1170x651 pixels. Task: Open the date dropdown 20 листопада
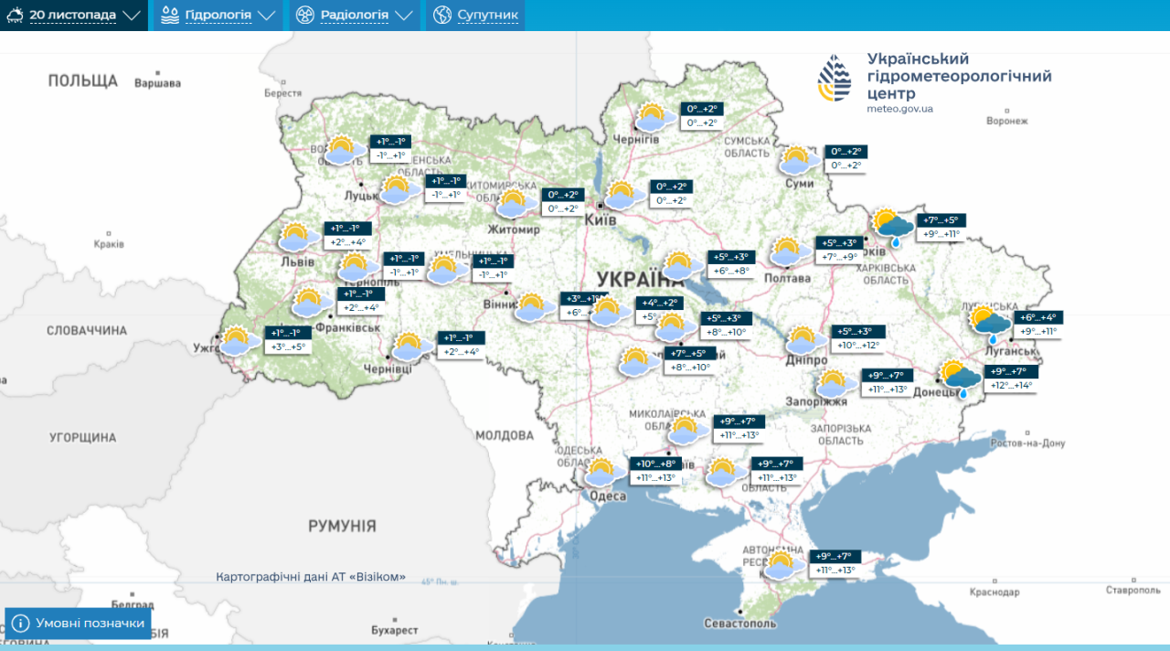[x=73, y=16]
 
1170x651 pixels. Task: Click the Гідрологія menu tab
[x=217, y=16]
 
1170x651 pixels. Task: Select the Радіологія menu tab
[x=355, y=16]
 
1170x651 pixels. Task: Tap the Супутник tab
[x=476, y=16]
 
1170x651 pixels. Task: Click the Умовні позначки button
[x=79, y=624]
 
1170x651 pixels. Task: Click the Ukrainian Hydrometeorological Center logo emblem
[x=834, y=78]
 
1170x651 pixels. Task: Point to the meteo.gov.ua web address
[x=899, y=109]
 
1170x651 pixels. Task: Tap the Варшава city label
[x=157, y=83]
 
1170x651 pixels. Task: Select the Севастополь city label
[x=739, y=624]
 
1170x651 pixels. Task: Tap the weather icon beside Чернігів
[x=651, y=117]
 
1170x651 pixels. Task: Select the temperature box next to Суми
[x=845, y=159]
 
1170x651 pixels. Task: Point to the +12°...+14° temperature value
[x=1010, y=386]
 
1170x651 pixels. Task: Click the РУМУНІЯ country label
[x=342, y=526]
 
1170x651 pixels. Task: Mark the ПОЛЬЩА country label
[x=83, y=80]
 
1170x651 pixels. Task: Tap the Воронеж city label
[x=1007, y=121]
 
